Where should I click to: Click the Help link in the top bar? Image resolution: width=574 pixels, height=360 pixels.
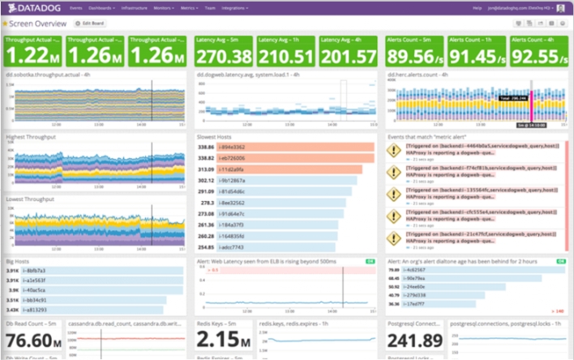(x=477, y=7)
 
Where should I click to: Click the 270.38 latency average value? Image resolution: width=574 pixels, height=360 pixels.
(x=223, y=55)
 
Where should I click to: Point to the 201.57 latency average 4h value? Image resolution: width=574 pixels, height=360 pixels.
(x=348, y=55)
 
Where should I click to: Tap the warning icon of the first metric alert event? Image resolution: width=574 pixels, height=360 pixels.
(x=394, y=151)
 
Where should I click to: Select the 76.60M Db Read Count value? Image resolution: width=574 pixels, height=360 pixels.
(x=33, y=340)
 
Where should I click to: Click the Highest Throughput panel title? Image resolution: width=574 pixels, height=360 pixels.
(x=30, y=138)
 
